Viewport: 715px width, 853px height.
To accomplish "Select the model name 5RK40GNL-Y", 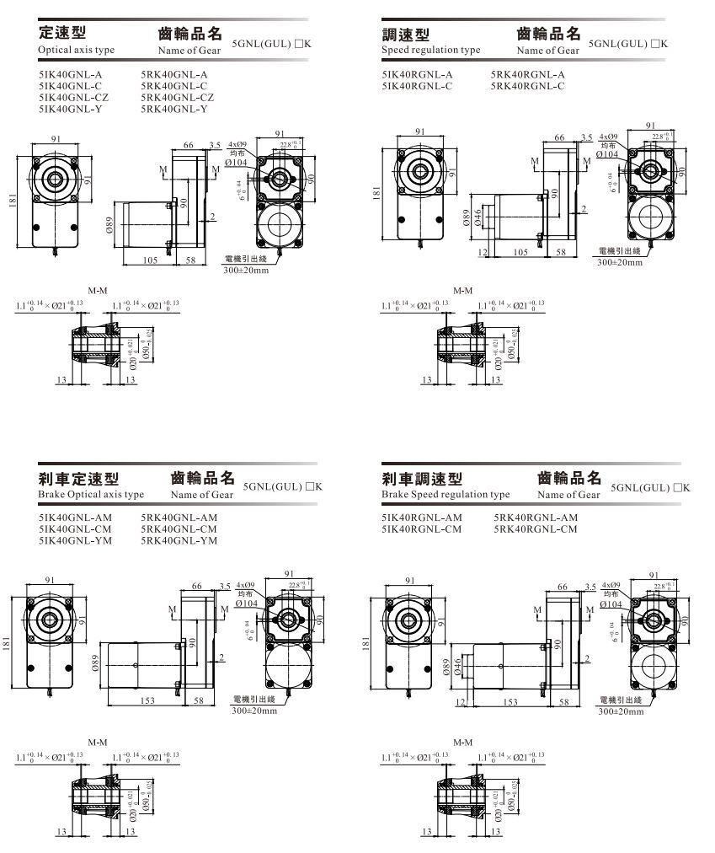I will pyautogui.click(x=174, y=110).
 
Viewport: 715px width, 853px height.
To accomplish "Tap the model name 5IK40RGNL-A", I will pyautogui.click(x=417, y=74).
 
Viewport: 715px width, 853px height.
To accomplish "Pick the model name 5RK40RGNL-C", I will pyautogui.click(x=527, y=86).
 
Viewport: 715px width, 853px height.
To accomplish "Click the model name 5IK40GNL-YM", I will pyautogui.click(x=75, y=541).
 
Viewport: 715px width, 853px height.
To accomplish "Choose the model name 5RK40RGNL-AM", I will pyautogui.click(x=536, y=518).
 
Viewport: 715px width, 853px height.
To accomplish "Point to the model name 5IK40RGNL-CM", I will pyautogui.click(x=422, y=529).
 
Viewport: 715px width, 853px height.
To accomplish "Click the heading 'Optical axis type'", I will pyautogui.click(x=77, y=50).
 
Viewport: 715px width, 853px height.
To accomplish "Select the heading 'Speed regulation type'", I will pyautogui.click(x=430, y=50).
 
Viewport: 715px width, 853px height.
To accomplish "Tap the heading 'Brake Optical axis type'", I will pyautogui.click(x=91, y=495).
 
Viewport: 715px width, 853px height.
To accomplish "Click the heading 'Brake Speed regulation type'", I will pyautogui.click(x=446, y=495).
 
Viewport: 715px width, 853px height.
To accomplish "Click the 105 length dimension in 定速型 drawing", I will pyautogui.click(x=150, y=260).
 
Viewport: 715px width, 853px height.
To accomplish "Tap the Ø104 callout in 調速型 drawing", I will pyautogui.click(x=606, y=155).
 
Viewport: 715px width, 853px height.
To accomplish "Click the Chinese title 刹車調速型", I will pyautogui.click(x=422, y=480).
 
